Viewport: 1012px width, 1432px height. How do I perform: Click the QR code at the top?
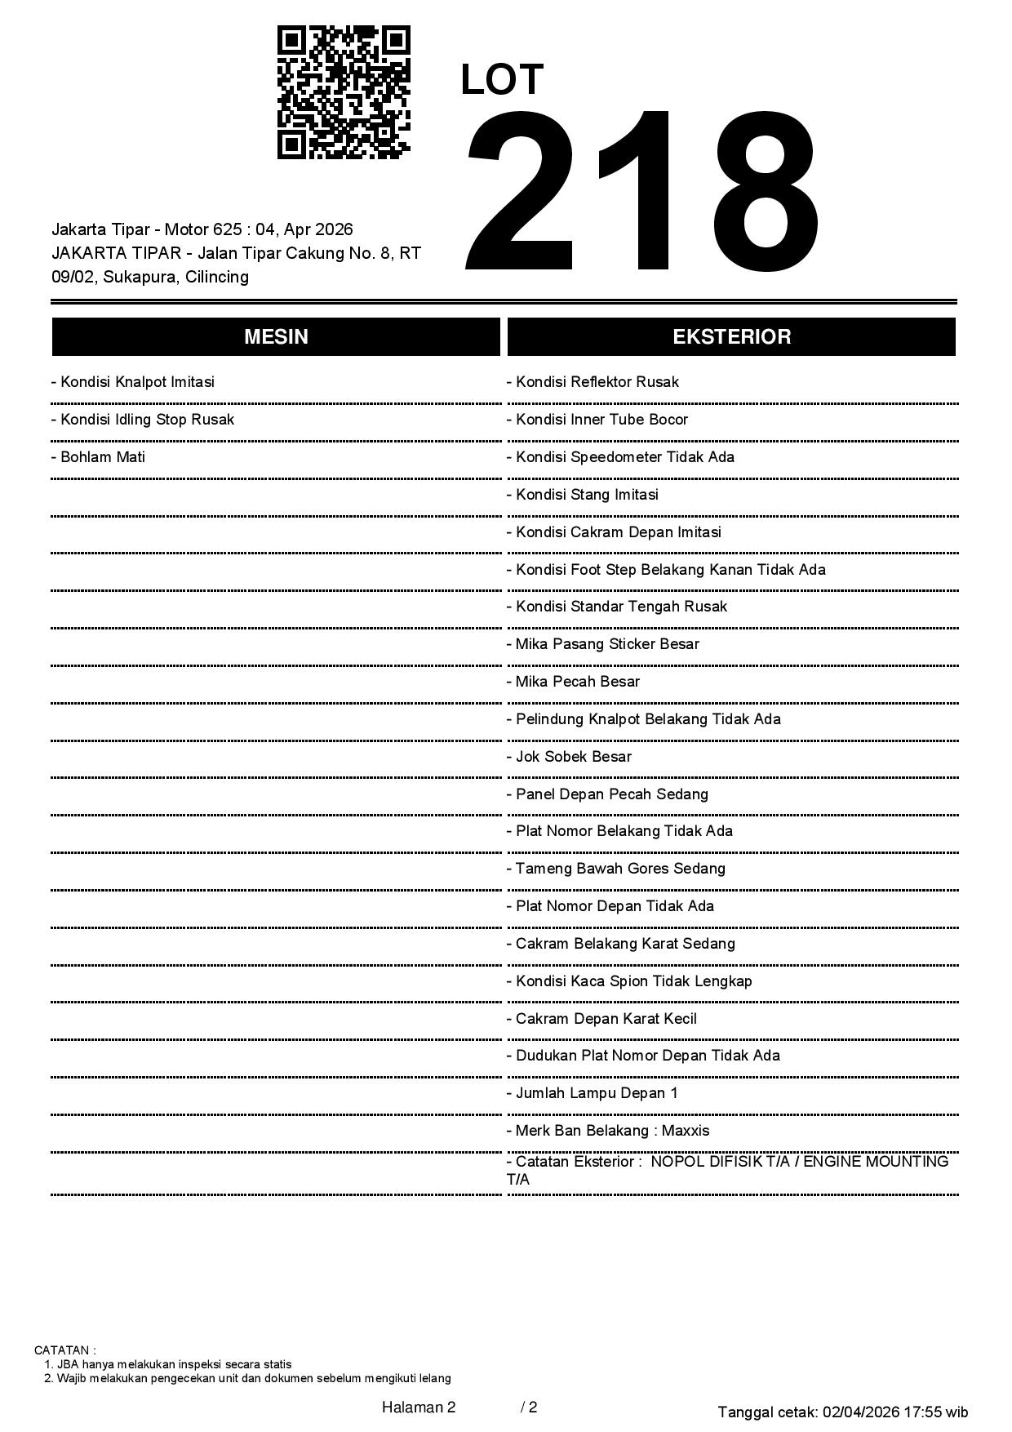[x=344, y=92]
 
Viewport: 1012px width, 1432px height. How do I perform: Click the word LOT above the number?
[x=502, y=80]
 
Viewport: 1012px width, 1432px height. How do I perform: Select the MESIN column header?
[x=276, y=337]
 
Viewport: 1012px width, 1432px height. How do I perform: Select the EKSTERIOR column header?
[x=731, y=337]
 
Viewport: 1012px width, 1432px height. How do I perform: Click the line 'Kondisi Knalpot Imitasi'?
[x=133, y=382]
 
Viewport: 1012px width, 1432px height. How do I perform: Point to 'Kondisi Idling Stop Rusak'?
[x=143, y=420]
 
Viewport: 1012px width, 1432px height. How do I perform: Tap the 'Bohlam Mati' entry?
[x=99, y=457]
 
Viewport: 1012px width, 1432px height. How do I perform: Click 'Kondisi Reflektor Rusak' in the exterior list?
[x=593, y=382]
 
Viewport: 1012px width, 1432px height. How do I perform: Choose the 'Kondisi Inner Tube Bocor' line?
[x=598, y=420]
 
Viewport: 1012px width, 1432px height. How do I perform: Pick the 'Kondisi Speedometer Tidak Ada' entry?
[x=621, y=457]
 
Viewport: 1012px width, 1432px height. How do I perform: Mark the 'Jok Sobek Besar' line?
[x=570, y=757]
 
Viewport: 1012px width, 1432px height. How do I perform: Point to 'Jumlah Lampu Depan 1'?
[x=593, y=1093]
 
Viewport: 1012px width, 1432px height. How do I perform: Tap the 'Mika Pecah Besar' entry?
[x=574, y=682]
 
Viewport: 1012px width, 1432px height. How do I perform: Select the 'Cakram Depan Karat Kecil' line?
[x=602, y=1019]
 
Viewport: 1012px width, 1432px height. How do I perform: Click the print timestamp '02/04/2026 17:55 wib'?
[x=895, y=1412]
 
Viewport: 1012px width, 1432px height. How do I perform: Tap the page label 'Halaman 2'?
[x=419, y=1407]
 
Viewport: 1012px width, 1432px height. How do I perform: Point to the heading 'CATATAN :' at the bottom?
[x=65, y=1350]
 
